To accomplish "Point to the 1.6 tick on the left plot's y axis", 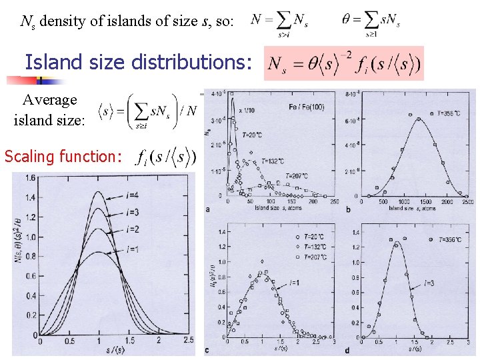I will coord(31,177).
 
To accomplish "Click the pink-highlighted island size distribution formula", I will coord(344,63).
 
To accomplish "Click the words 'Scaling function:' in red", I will coord(63,157).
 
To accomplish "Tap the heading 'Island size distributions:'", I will coord(139,63).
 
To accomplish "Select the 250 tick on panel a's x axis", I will coord(334,201).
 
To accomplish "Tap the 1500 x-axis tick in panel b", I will coord(425,201).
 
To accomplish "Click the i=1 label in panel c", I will coord(295,283).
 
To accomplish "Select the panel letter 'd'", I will coord(348,351).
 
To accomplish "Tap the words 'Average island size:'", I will coord(49,110).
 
